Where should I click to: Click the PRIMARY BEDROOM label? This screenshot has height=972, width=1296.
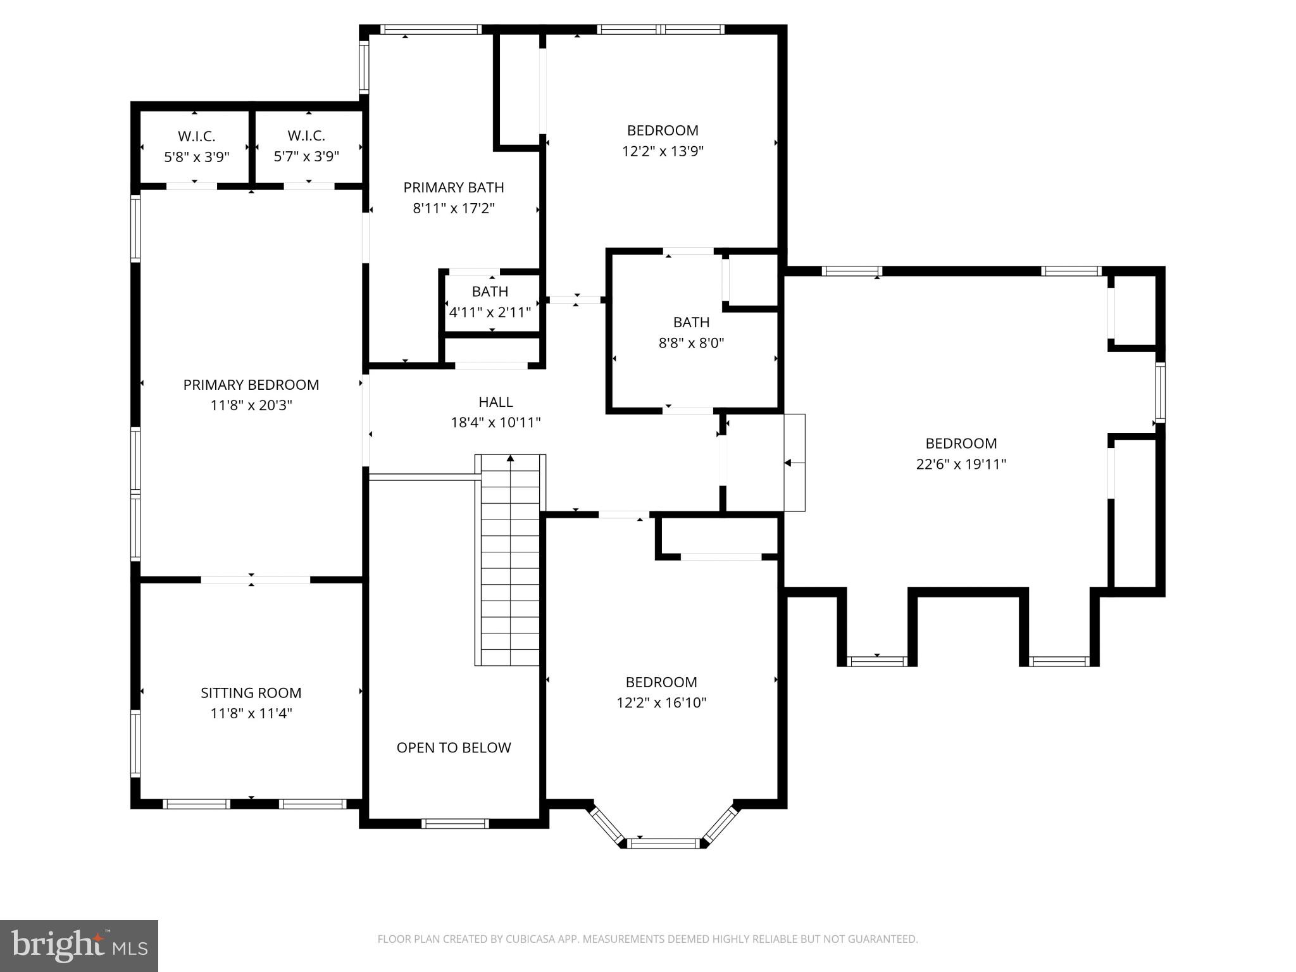pyautogui.click(x=251, y=385)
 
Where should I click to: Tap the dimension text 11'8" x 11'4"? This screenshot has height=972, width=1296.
pyautogui.click(x=251, y=713)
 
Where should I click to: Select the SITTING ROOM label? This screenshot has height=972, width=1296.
pyautogui.click(x=251, y=693)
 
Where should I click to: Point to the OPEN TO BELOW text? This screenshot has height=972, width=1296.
pyautogui.click(x=454, y=747)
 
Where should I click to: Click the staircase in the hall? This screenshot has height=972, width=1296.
pyautogui.click(x=510, y=560)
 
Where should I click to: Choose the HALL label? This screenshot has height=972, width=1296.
pyautogui.click(x=495, y=402)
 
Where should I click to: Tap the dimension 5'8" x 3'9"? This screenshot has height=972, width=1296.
pyautogui.click(x=197, y=157)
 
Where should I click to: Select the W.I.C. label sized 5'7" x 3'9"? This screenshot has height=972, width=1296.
pyautogui.click(x=306, y=135)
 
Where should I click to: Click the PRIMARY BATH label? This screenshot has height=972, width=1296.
pyautogui.click(x=454, y=187)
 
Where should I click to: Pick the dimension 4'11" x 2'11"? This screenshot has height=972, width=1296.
pyautogui.click(x=490, y=312)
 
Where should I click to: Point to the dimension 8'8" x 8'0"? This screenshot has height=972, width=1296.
pyautogui.click(x=691, y=343)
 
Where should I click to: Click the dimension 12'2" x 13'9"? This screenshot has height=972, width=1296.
pyautogui.click(x=663, y=151)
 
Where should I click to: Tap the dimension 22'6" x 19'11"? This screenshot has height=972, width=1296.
pyautogui.click(x=961, y=464)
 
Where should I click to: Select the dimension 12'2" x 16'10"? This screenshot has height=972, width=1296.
pyautogui.click(x=661, y=702)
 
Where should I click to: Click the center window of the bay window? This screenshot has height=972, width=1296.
pyautogui.click(x=664, y=842)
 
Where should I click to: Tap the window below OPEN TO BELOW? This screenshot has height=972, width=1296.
pyautogui.click(x=455, y=823)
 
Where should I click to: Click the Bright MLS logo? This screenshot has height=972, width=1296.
pyautogui.click(x=79, y=945)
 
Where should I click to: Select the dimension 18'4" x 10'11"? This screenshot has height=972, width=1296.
pyautogui.click(x=495, y=423)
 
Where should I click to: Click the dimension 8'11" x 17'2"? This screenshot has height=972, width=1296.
pyautogui.click(x=454, y=208)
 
